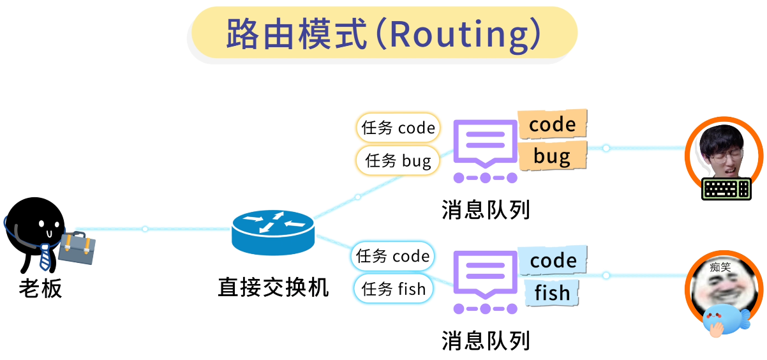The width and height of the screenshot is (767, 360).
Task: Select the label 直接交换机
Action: (x=273, y=287)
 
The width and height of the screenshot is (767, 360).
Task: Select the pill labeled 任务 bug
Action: (x=398, y=160)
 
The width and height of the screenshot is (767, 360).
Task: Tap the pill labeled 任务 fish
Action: (x=393, y=289)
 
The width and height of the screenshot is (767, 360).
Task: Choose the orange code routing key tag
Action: (x=552, y=124)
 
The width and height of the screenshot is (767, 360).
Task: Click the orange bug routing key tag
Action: (x=552, y=156)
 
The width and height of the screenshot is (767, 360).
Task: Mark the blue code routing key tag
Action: (x=553, y=260)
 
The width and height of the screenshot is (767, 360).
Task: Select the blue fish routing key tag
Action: (x=552, y=293)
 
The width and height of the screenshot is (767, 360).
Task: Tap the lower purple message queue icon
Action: (x=485, y=281)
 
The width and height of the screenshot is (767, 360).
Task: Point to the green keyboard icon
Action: (x=726, y=188)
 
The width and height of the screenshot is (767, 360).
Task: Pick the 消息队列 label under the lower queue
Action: (x=486, y=340)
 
